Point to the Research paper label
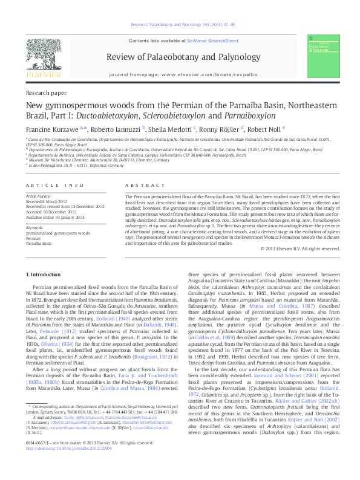point(46,93)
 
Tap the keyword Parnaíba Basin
point(40,242)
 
